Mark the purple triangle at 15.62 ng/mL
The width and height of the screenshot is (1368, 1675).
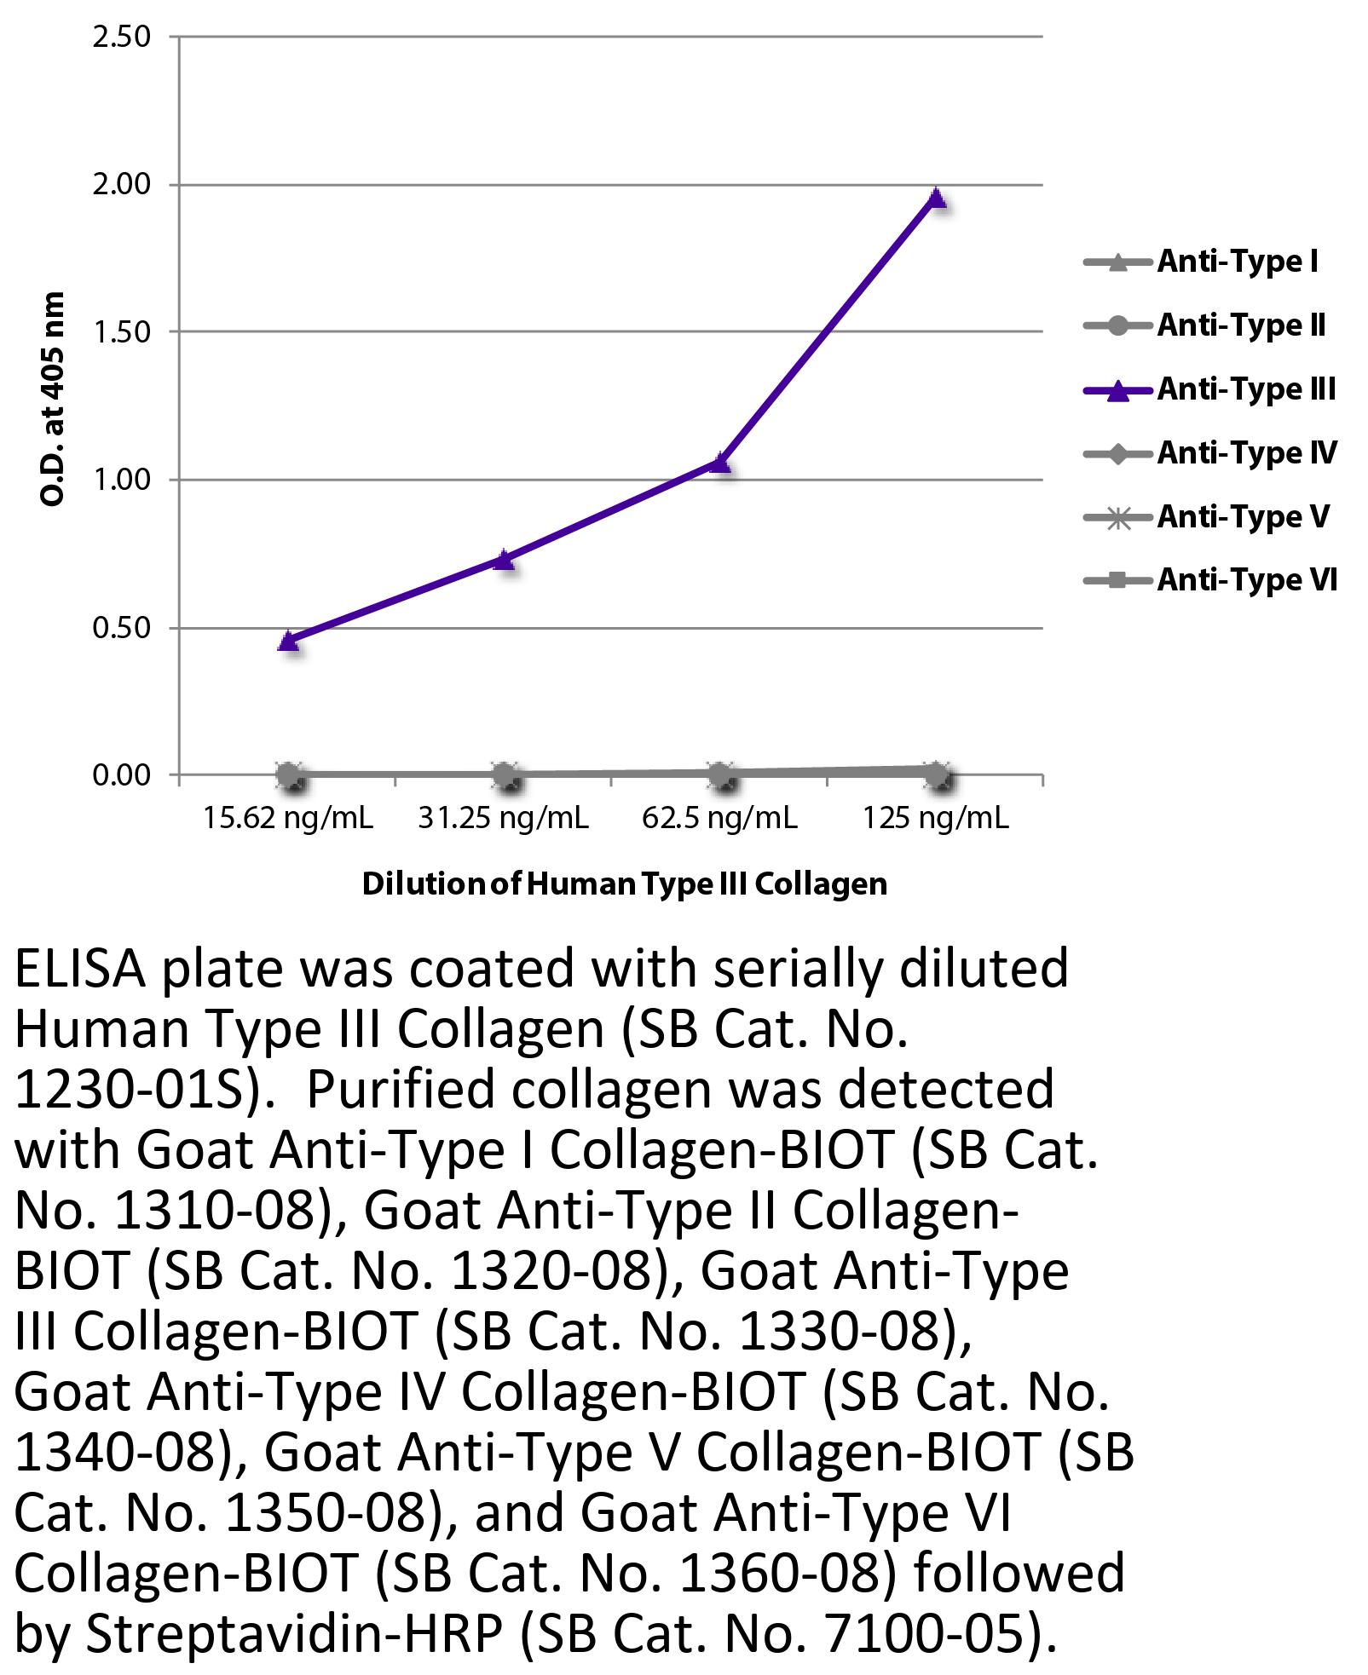coord(288,641)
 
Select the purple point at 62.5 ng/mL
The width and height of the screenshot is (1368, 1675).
coord(721,463)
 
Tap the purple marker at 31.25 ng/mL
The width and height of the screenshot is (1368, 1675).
coord(505,560)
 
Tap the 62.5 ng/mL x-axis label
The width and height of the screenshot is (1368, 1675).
coord(720,819)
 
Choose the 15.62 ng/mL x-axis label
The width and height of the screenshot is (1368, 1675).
coord(288,819)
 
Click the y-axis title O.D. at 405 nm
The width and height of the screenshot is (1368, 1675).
coord(53,398)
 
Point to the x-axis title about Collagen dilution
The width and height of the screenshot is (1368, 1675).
coord(625,884)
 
